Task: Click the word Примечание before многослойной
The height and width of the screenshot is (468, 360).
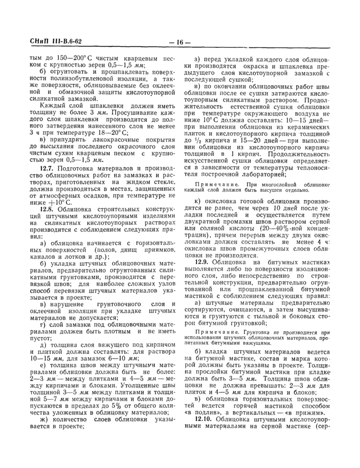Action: tap(216, 184)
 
